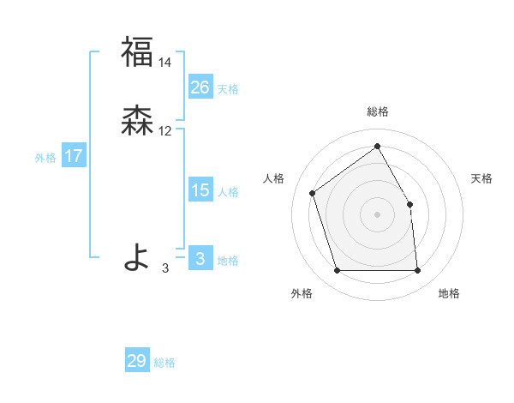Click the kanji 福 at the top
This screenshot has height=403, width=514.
click(x=136, y=51)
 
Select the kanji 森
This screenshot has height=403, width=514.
click(x=136, y=121)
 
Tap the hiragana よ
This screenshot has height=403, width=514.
click(x=136, y=256)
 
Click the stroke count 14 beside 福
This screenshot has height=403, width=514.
click(x=165, y=62)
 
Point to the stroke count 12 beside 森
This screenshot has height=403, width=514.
click(x=165, y=131)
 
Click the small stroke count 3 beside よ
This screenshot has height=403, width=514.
click(x=165, y=268)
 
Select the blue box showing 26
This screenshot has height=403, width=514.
click(x=200, y=87)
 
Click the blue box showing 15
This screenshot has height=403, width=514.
click(x=200, y=190)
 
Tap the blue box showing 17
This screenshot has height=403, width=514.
click(x=74, y=156)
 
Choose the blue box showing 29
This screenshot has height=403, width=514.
click(x=137, y=361)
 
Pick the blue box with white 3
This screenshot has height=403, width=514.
click(x=200, y=259)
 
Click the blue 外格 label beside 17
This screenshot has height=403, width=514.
click(x=45, y=157)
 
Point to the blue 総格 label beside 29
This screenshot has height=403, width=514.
click(x=164, y=363)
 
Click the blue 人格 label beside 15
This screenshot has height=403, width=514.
click(x=228, y=192)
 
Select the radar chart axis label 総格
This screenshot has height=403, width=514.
click(x=377, y=111)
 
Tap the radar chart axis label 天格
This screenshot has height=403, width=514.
click(x=481, y=178)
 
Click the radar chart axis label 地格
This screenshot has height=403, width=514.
click(x=449, y=293)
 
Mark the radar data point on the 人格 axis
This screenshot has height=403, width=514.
click(x=314, y=193)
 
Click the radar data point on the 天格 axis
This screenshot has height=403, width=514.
click(x=409, y=204)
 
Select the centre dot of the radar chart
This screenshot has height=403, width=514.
click(x=377, y=214)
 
